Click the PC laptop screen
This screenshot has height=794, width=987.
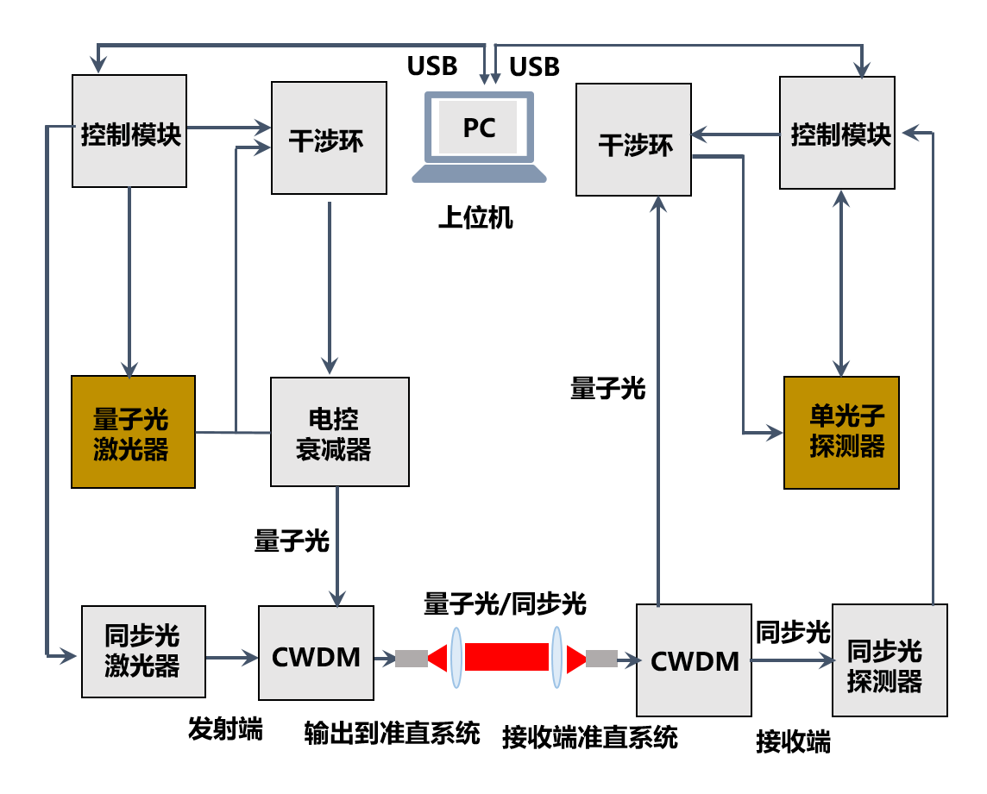[479, 128]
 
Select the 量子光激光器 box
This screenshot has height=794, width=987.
[133, 432]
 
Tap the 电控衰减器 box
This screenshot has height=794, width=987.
[339, 432]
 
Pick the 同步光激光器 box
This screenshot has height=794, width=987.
[143, 652]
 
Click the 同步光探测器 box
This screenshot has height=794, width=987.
[890, 660]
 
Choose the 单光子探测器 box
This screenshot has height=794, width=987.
[841, 433]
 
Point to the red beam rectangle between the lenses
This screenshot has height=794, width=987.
[506, 657]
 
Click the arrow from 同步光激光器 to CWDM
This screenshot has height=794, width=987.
[231, 658]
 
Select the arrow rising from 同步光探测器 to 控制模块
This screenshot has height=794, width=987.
[933, 371]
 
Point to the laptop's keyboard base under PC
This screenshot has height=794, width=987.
[479, 173]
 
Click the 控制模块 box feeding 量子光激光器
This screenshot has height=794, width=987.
[129, 131]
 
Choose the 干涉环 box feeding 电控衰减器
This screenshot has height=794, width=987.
[329, 138]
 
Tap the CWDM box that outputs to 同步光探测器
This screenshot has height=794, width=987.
[694, 660]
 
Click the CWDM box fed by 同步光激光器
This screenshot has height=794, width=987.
[316, 653]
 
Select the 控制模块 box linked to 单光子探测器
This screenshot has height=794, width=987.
[837, 133]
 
